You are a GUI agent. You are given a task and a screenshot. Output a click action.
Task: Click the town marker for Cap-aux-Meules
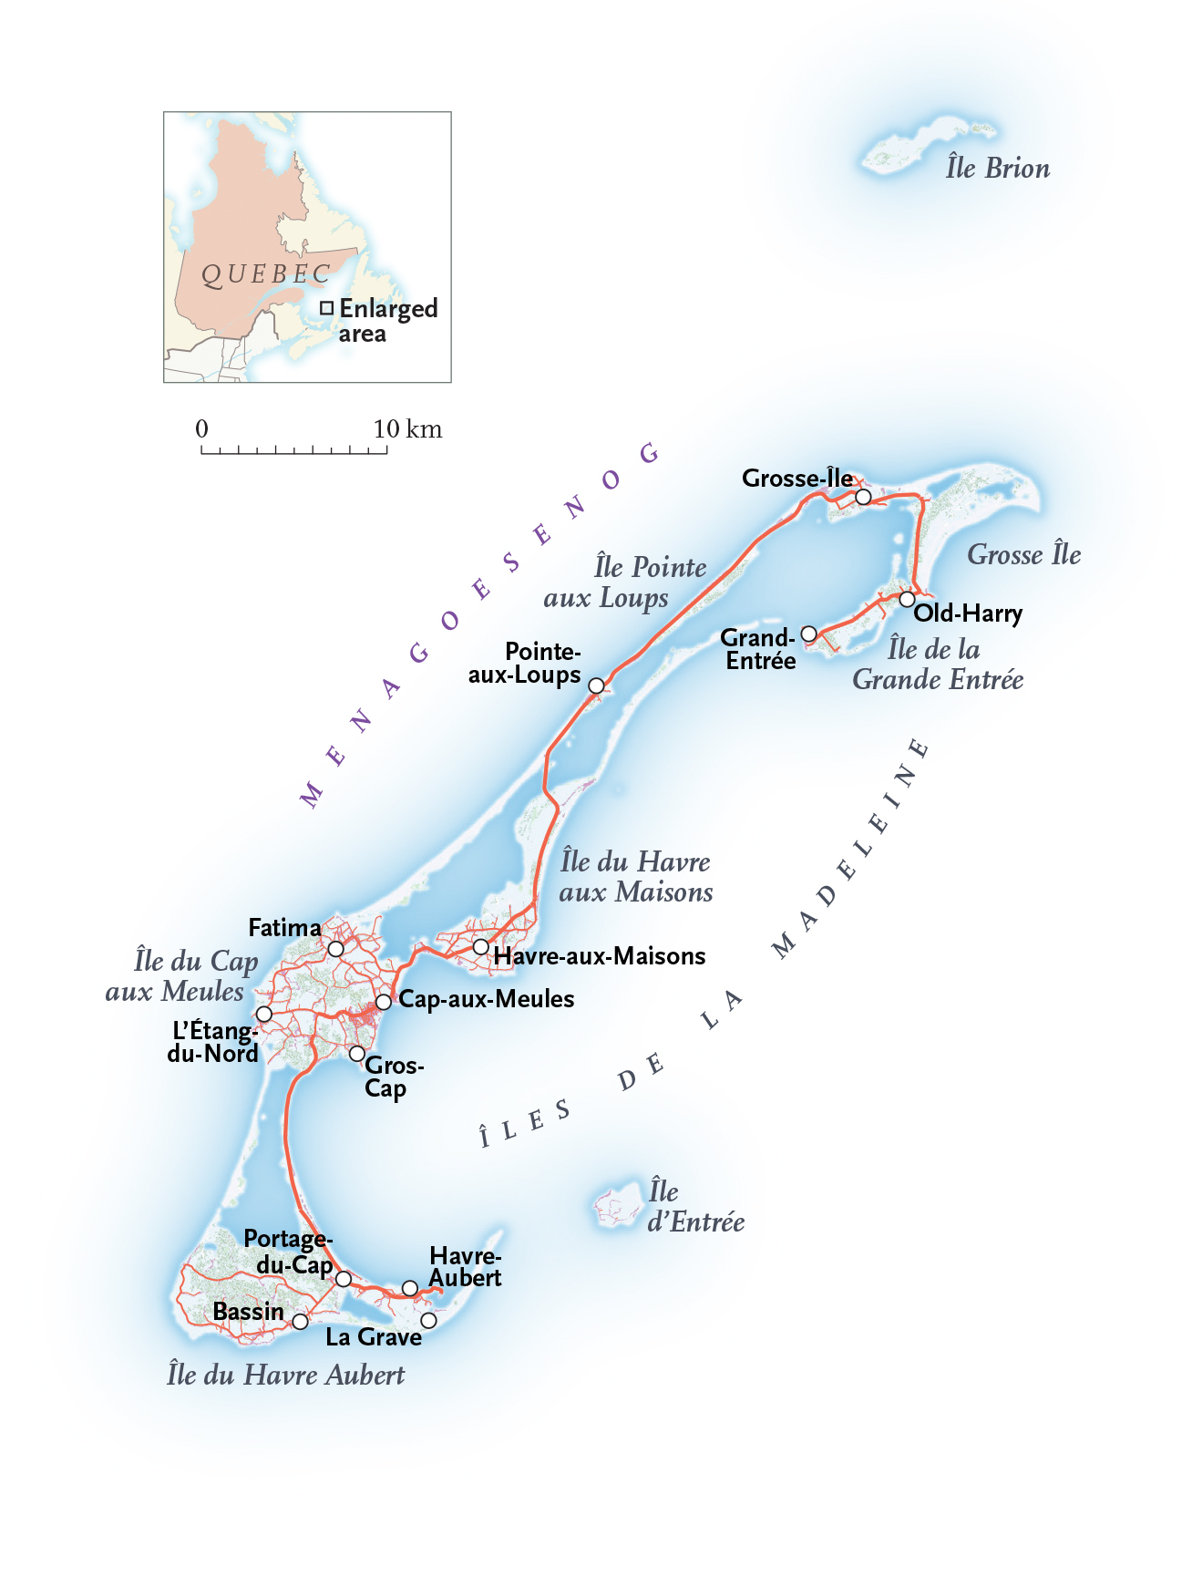point(384,1002)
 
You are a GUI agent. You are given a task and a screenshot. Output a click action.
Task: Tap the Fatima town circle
point(335,949)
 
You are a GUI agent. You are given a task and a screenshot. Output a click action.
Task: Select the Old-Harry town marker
point(907,599)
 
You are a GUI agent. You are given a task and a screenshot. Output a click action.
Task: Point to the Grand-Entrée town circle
point(808,634)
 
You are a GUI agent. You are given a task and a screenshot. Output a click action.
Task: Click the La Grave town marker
point(428,1320)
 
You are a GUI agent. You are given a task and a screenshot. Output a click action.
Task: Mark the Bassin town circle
point(300,1321)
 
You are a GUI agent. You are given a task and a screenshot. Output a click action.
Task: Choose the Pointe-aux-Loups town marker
point(596,685)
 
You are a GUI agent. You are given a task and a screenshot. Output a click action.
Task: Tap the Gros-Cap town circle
point(357,1054)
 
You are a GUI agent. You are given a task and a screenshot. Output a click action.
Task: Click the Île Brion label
point(997,169)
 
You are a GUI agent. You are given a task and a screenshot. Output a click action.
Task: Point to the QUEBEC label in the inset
point(265,274)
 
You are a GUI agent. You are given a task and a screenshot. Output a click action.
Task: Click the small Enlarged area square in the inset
point(326,308)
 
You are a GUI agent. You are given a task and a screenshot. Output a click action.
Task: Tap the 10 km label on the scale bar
point(406,428)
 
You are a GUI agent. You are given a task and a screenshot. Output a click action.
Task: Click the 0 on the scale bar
point(201,428)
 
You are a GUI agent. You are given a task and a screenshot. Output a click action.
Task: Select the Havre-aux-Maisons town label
point(599,956)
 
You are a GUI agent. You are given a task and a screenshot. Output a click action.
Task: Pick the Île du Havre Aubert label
point(285,1375)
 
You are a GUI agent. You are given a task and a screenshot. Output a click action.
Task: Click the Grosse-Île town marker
point(863,497)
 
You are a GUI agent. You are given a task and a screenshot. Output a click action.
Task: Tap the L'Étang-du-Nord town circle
point(263,1014)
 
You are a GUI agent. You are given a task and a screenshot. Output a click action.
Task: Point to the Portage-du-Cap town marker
point(344,1279)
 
